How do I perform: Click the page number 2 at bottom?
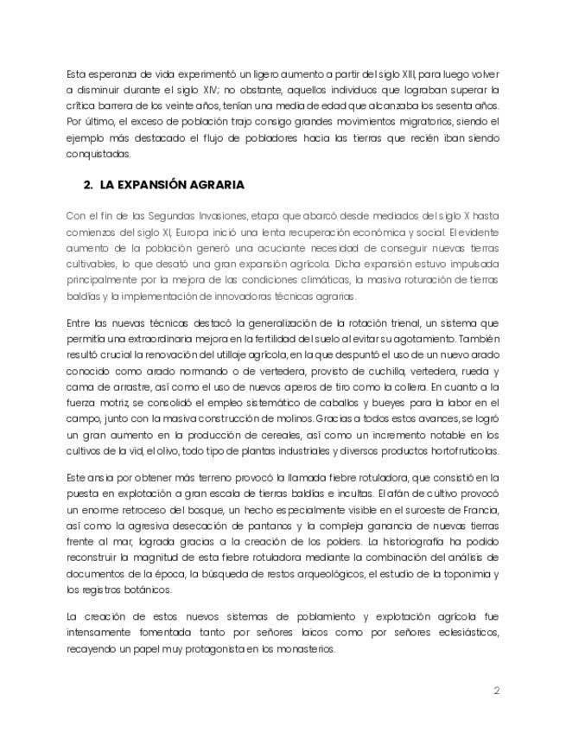point(497,691)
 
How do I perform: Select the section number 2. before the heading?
point(89,185)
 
